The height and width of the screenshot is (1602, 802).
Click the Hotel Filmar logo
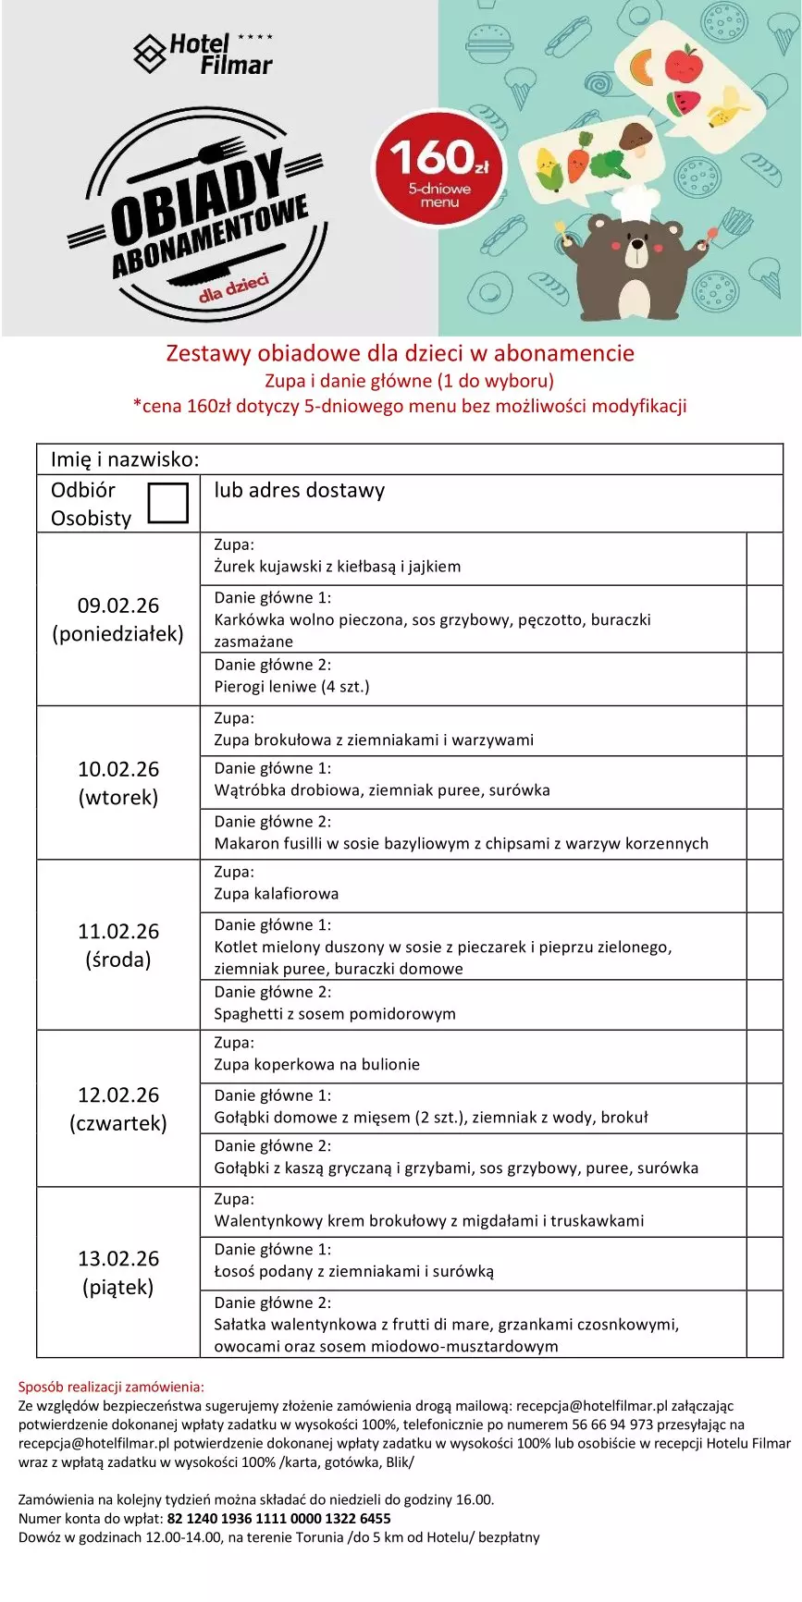point(204,54)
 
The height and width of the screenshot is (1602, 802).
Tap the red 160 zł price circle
point(439,168)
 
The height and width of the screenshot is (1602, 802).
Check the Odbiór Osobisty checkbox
point(168,503)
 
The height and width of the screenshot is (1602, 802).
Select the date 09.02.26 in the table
point(118,605)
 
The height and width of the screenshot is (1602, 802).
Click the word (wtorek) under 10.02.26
point(118,797)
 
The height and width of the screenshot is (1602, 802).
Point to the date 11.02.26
point(118,931)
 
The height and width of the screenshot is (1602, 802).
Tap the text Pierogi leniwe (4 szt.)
point(291,686)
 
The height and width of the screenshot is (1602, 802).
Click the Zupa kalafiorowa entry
point(276,893)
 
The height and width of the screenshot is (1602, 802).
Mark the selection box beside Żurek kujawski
point(764,558)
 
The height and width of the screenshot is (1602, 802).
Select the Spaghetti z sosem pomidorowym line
point(335,1013)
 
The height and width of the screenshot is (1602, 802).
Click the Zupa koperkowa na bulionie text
point(316,1064)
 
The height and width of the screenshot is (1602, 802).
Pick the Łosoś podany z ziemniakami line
point(353,1271)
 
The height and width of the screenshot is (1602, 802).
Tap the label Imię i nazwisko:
point(125,459)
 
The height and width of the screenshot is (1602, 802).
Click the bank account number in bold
point(278,1518)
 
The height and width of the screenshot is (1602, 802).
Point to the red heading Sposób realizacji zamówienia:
point(111,1387)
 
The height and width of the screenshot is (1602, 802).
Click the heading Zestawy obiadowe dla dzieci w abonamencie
point(400,353)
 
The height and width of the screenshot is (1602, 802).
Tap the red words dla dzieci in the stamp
point(233,287)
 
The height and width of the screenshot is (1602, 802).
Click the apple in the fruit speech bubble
point(684,64)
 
